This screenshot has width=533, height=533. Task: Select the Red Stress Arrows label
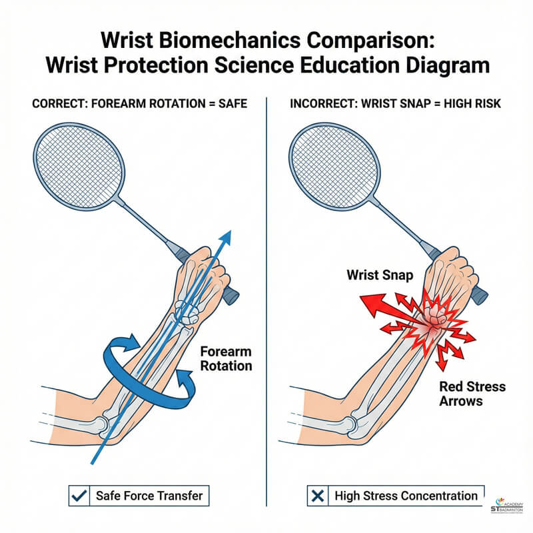click(x=472, y=394)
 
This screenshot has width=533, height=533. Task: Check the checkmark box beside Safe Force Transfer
click(x=77, y=496)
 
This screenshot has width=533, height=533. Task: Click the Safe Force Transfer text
click(x=149, y=496)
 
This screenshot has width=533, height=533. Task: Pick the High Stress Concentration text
click(x=406, y=496)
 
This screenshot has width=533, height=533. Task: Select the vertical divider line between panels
click(x=266, y=300)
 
